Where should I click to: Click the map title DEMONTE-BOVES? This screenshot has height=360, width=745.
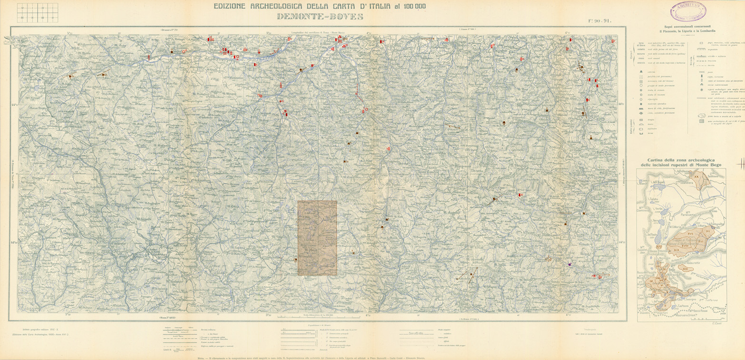coord(320,17)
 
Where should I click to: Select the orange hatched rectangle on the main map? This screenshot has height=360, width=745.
coord(317,238)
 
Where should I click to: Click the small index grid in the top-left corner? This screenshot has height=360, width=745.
coord(37,12)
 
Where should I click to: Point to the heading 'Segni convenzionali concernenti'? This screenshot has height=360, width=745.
coord(687,26)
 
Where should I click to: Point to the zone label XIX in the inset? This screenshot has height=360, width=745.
coord(676,250)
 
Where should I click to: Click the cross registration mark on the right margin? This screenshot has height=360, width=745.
coord(740,164)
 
